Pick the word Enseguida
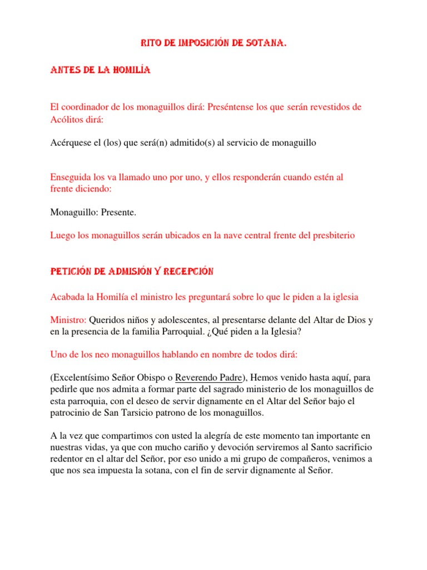coord(71,177)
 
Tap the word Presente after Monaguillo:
coord(117,212)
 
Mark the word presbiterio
coord(329,235)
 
